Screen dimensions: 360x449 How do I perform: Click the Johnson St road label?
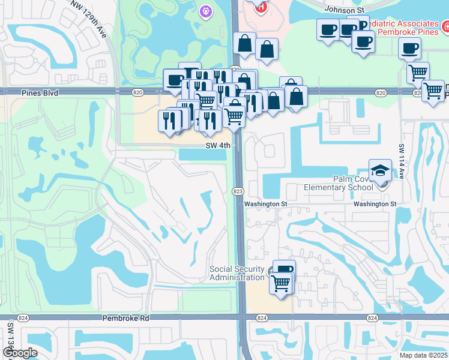345,10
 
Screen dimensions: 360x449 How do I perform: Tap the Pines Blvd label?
39,93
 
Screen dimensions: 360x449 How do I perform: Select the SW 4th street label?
218,145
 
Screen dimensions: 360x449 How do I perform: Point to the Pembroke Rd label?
125,318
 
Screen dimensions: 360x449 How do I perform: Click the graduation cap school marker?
380,171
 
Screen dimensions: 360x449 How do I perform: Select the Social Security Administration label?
237,273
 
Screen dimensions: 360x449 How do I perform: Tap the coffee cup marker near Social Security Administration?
284,269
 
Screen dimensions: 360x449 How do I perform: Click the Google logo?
20,353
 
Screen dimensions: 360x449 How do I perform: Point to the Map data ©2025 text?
424,355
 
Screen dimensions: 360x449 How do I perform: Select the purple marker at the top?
206,10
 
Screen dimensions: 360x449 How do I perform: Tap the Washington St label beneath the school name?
375,204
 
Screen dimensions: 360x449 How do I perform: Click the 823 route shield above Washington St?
238,191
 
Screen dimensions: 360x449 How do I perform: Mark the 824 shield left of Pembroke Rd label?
23,318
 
